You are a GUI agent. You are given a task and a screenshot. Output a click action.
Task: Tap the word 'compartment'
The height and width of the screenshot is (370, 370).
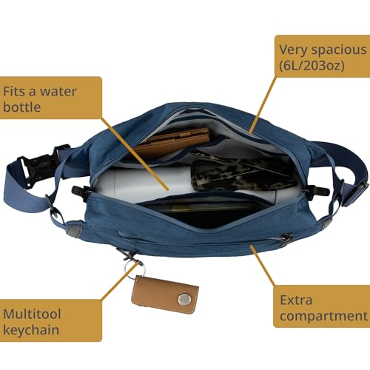pos(323,318)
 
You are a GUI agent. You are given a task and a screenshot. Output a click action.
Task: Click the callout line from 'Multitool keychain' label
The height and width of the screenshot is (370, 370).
pos(115,291)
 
